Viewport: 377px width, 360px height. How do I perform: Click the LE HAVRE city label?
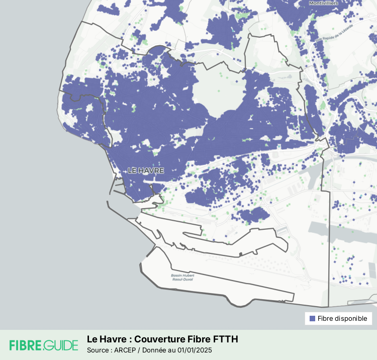[x=146, y=170]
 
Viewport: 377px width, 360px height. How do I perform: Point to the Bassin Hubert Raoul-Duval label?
[x=182, y=278]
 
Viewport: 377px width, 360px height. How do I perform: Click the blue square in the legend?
[x=312, y=319]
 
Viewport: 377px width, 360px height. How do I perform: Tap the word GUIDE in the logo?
[x=61, y=345]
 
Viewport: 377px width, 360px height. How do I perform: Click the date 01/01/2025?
[x=194, y=350]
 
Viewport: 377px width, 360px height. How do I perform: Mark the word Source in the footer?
[x=99, y=350]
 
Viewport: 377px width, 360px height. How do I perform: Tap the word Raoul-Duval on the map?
[x=182, y=281]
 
